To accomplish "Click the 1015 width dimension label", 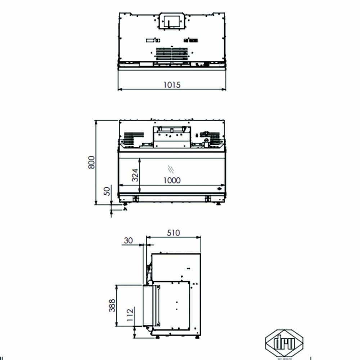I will pos(172,85).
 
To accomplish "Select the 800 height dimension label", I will pos(92,162).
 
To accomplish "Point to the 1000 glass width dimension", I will pos(172,180).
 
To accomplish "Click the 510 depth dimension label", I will pos(173,233).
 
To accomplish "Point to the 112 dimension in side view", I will pos(130,315).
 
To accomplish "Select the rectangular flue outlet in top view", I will pos(172,21).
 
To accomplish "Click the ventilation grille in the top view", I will pos(172,54).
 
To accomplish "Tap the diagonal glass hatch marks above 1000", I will pos(171,168).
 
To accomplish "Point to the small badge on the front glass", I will pos(219,189).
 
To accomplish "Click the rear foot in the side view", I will pos(197,337).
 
